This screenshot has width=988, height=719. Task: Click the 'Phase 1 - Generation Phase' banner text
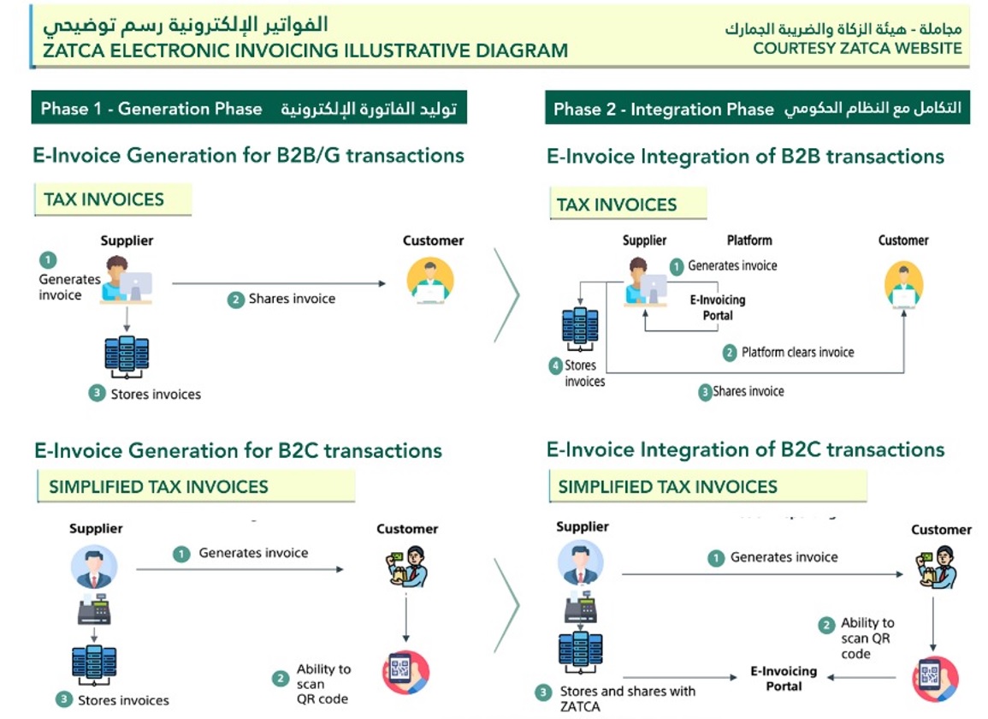coord(151,109)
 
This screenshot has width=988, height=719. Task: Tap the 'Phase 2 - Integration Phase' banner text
coord(664,109)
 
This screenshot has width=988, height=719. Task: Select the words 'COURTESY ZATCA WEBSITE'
coord(857,49)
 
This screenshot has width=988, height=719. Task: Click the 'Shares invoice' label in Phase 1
coord(292,299)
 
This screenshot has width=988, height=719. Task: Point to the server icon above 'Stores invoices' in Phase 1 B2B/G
coord(127,356)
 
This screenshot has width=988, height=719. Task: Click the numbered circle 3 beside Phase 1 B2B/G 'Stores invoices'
coord(97,394)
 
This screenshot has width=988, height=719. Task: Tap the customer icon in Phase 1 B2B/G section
coord(430,280)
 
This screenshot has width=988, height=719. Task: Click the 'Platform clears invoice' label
coord(798,352)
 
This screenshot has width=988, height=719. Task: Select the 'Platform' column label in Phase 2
coord(749,241)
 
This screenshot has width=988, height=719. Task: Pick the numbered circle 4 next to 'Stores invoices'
coord(555,365)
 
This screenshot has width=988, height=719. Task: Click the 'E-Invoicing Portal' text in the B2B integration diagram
coord(718,308)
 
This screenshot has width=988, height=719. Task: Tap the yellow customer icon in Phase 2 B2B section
coord(903,285)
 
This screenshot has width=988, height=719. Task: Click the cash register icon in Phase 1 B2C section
coord(94,609)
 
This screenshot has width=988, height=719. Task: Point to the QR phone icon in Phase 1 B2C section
coord(405,672)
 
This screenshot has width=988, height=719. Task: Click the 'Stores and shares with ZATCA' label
coord(628,698)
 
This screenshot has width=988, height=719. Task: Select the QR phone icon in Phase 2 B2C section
coord(935,679)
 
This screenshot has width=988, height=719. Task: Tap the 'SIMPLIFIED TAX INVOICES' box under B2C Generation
coord(196,486)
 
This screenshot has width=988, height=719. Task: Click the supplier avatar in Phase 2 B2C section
coord(580,562)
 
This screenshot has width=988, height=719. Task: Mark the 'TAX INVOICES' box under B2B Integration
coord(628,204)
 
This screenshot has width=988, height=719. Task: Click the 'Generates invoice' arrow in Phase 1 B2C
coord(240,569)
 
